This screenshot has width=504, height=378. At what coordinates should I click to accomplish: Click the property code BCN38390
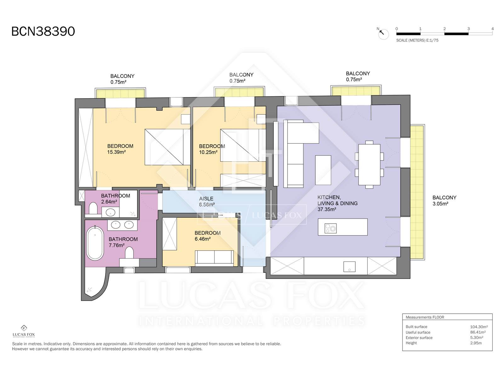click(43, 31)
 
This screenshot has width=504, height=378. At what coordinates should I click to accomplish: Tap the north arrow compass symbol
click(383, 34)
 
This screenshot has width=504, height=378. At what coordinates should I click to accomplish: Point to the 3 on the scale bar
click(468, 29)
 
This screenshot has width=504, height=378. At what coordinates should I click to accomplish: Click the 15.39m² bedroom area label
click(120, 149)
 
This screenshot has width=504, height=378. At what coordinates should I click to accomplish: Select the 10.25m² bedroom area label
click(212, 149)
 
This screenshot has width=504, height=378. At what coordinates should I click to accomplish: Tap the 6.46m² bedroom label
click(208, 236)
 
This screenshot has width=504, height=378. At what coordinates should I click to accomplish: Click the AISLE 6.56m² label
click(207, 202)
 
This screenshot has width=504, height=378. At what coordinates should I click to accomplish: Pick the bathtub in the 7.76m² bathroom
click(95, 243)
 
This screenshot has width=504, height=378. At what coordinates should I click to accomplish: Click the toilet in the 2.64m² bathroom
click(93, 208)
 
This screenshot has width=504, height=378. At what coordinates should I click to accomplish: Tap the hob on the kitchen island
click(330, 228)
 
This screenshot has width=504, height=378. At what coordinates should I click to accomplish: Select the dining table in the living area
click(369, 164)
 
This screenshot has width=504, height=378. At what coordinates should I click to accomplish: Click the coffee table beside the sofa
click(323, 170)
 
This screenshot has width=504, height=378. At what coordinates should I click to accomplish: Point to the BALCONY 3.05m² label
click(444, 200)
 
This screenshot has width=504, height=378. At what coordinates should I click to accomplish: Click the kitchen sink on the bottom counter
click(349, 266)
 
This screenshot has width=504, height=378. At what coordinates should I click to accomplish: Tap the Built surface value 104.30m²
click(479, 327)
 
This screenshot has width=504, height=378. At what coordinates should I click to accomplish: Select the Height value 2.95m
click(476, 343)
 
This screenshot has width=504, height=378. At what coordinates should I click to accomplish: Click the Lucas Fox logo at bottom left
click(24, 331)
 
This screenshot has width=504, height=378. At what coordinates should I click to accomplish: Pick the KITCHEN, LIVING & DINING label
click(337, 203)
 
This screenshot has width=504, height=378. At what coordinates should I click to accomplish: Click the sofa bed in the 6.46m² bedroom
click(215, 257)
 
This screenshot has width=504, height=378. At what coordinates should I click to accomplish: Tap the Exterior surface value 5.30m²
click(477, 337)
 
